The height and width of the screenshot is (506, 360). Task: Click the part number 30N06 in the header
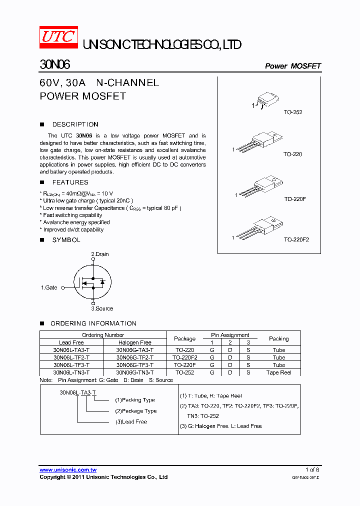click(x=55, y=65)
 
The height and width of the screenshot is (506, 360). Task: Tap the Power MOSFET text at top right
click(x=292, y=66)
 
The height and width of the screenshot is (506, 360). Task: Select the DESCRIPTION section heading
click(x=75, y=124)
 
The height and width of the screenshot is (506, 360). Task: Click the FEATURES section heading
click(x=70, y=182)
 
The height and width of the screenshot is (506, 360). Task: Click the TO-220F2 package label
click(x=296, y=239)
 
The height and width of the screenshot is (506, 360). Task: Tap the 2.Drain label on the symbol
click(x=99, y=254)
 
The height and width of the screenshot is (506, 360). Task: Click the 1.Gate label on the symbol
click(x=49, y=287)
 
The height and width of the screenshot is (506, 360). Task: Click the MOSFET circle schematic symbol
click(x=93, y=283)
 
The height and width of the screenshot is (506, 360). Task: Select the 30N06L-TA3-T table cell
click(x=71, y=350)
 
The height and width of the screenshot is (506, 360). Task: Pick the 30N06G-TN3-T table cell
click(x=134, y=372)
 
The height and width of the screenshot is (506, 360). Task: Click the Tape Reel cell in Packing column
click(x=278, y=372)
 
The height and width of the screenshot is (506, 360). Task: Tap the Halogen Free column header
click(x=134, y=342)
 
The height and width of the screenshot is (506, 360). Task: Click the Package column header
click(x=184, y=338)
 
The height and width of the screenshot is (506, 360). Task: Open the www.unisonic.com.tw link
click(x=68, y=469)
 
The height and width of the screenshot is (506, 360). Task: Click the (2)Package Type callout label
click(x=135, y=411)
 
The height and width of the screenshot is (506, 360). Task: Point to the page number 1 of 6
click(x=312, y=469)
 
